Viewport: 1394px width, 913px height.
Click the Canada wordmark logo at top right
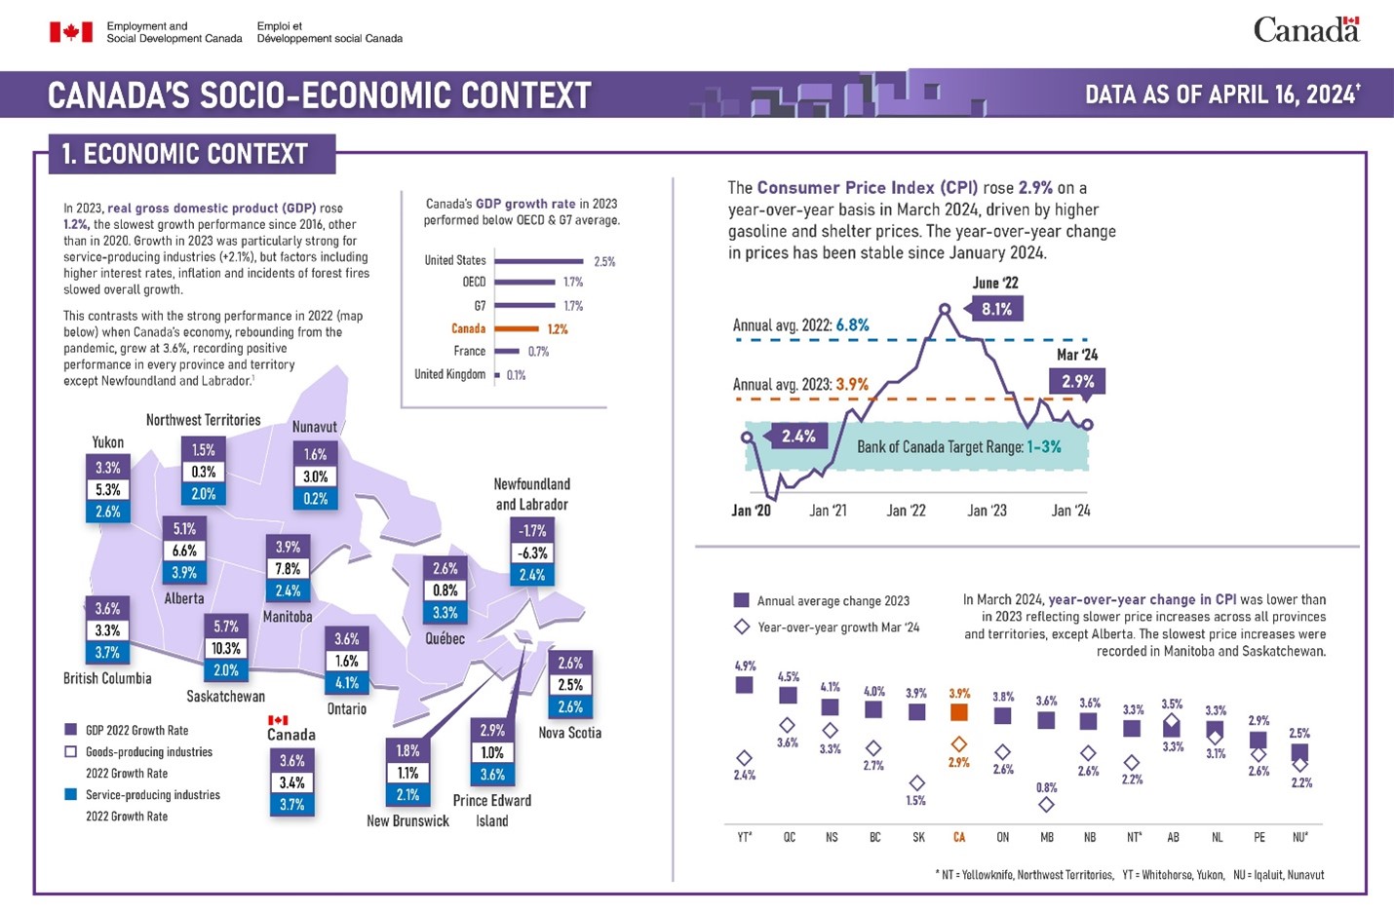(x=1305, y=30)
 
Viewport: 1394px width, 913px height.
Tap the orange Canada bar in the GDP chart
(x=517, y=329)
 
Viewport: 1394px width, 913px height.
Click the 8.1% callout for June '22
(x=996, y=309)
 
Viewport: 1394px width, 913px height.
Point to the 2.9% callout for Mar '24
(x=1077, y=382)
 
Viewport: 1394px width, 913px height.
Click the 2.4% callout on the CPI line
(x=797, y=437)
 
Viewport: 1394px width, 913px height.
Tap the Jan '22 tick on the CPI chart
(x=906, y=511)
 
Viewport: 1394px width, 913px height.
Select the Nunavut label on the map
(x=315, y=427)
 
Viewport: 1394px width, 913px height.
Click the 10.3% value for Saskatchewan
(x=226, y=648)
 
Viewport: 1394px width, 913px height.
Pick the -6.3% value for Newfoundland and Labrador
(x=532, y=553)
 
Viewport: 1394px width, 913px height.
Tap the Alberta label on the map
(x=184, y=598)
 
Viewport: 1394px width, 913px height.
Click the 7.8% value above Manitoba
(x=288, y=569)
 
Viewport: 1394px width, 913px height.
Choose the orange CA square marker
(x=959, y=712)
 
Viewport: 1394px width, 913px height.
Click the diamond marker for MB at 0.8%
(x=1046, y=805)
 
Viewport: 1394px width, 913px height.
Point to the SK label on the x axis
(x=918, y=837)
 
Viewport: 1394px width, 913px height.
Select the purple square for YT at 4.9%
(x=744, y=685)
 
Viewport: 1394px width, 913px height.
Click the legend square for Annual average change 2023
(x=741, y=600)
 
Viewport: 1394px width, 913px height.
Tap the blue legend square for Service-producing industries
(x=70, y=794)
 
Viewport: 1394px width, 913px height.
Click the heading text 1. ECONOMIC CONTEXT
(x=185, y=154)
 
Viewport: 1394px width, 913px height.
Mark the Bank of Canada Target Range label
(x=958, y=447)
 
